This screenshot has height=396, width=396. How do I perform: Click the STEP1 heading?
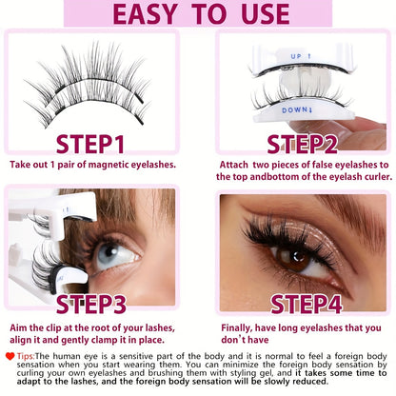90,145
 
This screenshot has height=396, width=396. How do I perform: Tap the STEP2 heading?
302,145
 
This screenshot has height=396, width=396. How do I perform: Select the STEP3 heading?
91,305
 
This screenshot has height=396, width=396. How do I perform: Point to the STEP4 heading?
307,305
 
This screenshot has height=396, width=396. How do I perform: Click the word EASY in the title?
145,14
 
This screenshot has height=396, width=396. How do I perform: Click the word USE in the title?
266,14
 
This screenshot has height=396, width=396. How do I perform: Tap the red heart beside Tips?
10,356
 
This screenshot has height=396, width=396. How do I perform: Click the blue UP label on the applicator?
296,56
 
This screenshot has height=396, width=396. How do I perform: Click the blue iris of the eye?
109,254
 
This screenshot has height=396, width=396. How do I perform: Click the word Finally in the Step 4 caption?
237,328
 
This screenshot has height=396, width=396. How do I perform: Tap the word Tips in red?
26,356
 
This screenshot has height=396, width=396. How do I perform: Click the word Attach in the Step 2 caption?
234,165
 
